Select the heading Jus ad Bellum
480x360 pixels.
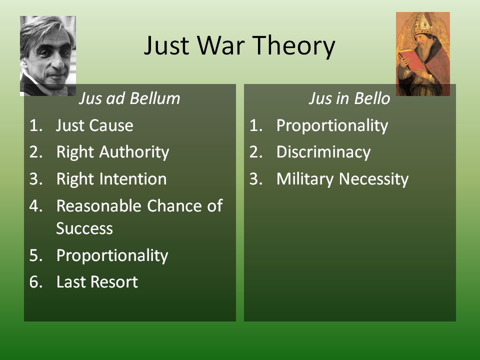(x=129, y=98)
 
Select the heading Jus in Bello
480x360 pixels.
(x=349, y=98)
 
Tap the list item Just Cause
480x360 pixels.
(x=94, y=125)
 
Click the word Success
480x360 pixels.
(x=84, y=228)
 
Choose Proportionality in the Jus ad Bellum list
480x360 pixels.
(x=112, y=256)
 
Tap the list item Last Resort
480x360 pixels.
(x=97, y=282)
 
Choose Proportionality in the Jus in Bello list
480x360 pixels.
(x=332, y=126)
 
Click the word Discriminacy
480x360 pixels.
(x=323, y=152)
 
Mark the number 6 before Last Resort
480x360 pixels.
(x=35, y=282)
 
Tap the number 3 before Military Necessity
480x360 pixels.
(x=256, y=179)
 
